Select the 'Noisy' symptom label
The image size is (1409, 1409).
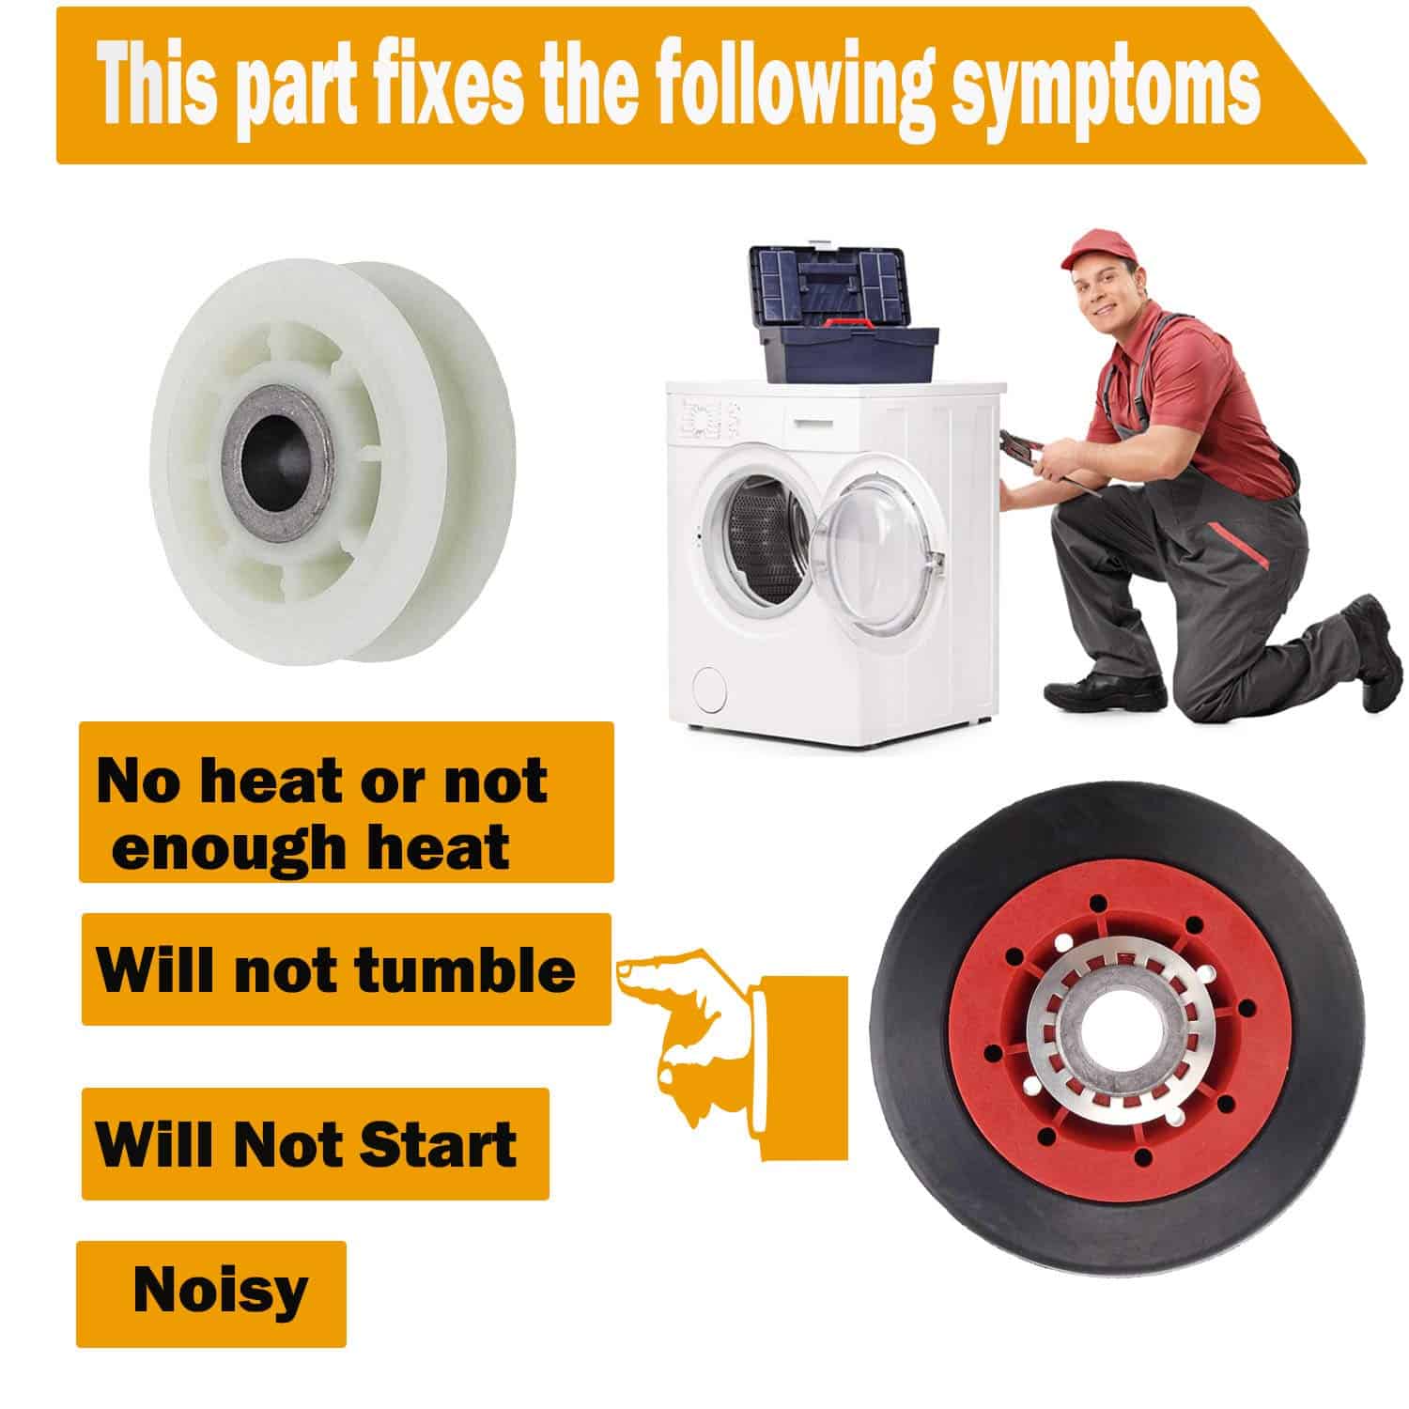click(x=211, y=1293)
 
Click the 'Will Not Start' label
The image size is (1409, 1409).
click(x=315, y=1144)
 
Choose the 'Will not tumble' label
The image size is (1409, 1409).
click(x=346, y=969)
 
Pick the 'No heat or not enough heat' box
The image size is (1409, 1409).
click(x=346, y=802)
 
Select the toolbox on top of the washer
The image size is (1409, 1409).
click(x=843, y=315)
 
